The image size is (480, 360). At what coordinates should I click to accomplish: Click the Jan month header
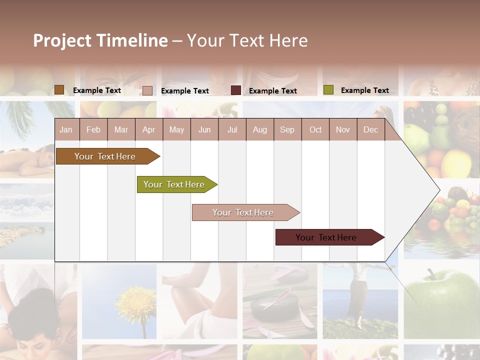tap(66, 129)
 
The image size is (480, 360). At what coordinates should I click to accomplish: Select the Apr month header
tap(148, 129)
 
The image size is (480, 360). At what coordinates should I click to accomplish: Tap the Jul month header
tap(232, 129)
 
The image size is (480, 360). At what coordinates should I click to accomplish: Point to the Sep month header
tap(287, 129)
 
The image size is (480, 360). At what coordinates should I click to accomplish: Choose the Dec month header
tap(370, 129)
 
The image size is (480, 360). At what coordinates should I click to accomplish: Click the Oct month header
tap(315, 129)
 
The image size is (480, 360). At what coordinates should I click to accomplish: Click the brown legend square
tap(59, 90)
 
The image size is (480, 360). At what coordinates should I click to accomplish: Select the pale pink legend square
tap(147, 90)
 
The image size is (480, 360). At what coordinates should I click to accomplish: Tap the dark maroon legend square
tap(236, 90)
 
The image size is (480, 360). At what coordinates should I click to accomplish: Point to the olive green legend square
tap(328, 90)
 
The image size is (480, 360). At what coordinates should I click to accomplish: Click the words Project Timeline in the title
tap(100, 40)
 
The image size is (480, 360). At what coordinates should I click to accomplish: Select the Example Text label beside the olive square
tap(364, 90)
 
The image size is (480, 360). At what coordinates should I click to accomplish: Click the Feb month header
tap(93, 129)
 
